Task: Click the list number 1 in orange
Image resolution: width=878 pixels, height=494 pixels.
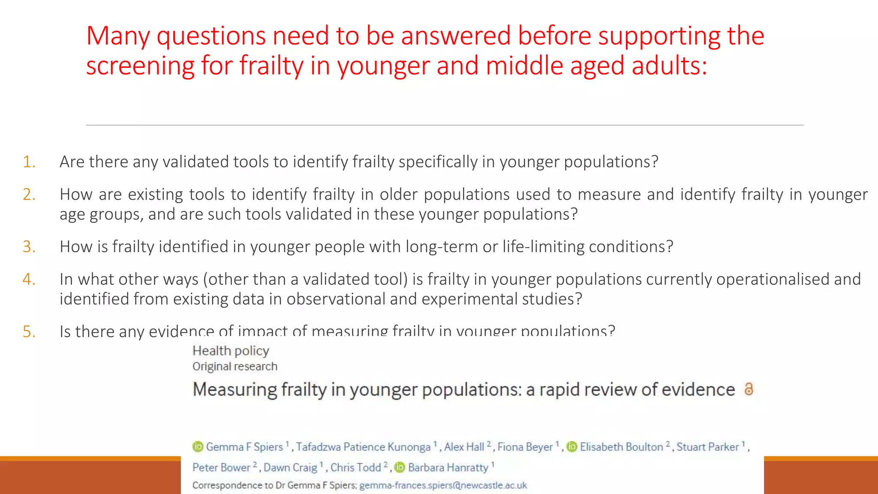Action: point(29,162)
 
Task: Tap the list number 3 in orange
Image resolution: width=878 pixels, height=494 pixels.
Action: point(29,247)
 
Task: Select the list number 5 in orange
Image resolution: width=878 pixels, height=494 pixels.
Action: point(29,332)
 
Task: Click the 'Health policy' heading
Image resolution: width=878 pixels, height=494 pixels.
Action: point(231,351)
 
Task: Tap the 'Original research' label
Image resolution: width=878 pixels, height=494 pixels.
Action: point(235,367)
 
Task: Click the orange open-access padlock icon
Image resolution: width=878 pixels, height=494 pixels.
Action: point(749,389)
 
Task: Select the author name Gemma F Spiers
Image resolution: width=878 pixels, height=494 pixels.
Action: point(244,447)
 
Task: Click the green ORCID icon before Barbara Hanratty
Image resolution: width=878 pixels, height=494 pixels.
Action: point(400,467)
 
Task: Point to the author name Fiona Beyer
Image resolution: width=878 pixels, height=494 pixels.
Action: point(525,447)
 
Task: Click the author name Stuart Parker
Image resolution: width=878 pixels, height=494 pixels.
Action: point(707,447)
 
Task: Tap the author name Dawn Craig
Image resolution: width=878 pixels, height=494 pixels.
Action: point(290,467)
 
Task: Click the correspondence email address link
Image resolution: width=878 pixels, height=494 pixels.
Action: point(443,485)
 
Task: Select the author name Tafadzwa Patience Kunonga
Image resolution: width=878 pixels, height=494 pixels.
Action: point(363,447)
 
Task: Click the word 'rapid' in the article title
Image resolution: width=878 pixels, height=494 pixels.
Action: point(559,389)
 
